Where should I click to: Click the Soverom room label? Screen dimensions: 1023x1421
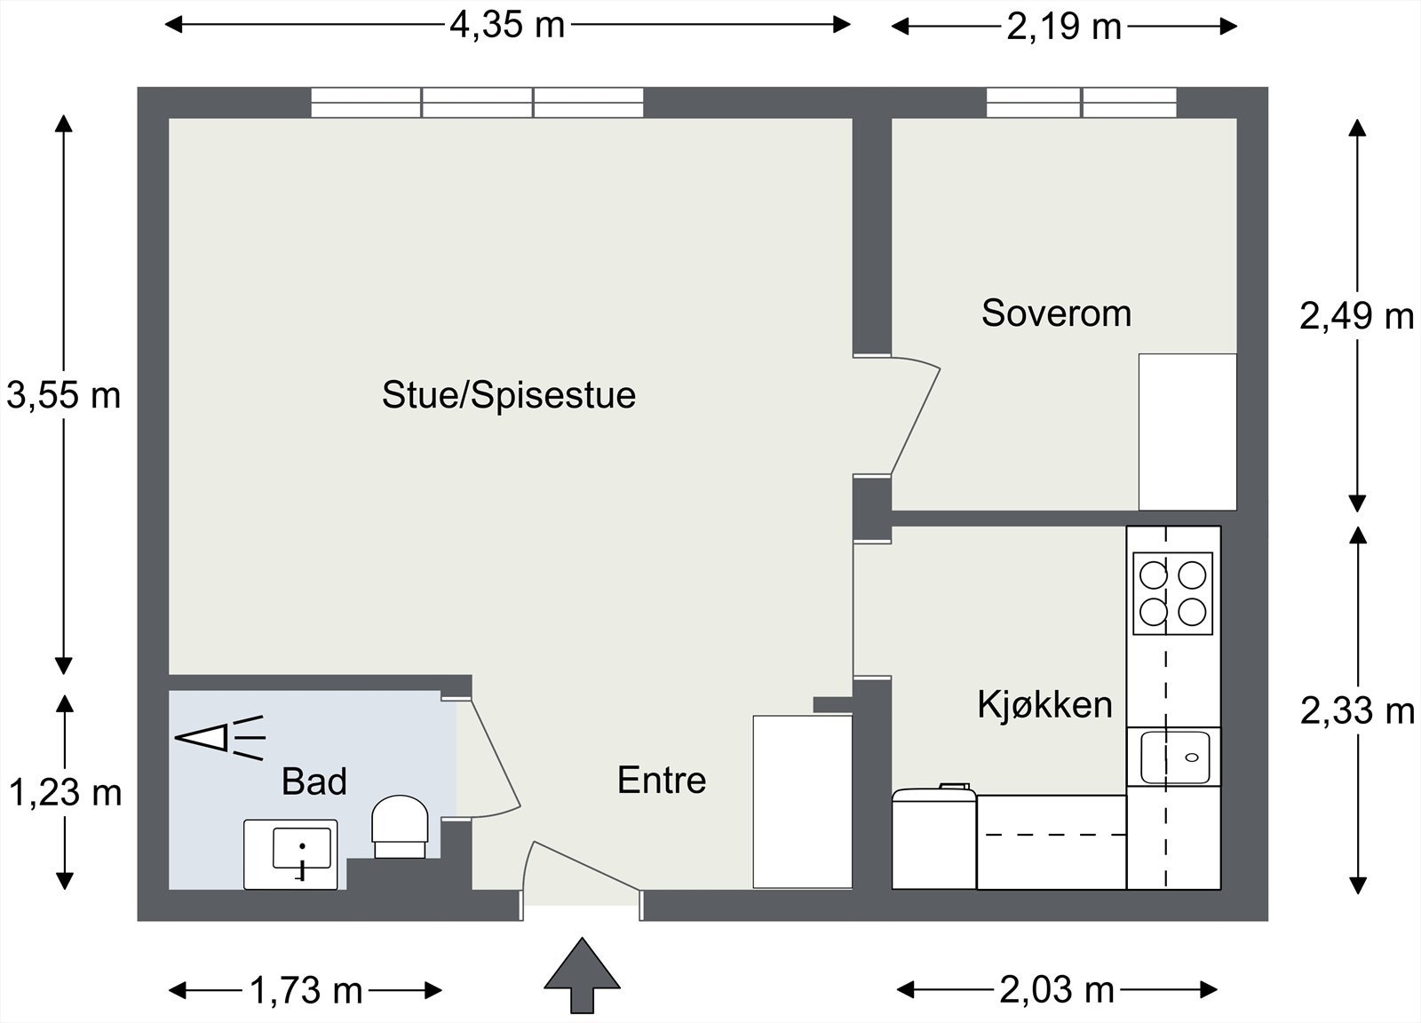1056,313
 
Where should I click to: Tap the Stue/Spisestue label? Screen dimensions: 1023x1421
508,395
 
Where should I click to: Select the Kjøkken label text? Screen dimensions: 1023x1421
1044,705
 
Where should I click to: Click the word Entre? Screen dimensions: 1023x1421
662,781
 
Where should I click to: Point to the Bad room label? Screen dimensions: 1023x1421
314,781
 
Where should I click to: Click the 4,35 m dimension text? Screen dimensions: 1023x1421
507,25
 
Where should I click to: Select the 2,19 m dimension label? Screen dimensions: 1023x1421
1064,27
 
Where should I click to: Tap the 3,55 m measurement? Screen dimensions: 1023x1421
63,395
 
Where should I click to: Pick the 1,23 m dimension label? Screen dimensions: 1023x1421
65,792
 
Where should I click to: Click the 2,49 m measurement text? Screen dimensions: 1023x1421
1356,315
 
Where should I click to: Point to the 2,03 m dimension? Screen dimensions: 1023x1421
1057,989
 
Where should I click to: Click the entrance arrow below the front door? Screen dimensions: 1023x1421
582,974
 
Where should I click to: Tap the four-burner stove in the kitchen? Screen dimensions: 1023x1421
1172,593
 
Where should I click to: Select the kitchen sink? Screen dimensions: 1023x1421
1174,757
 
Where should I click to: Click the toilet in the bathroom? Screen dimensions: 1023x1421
400,826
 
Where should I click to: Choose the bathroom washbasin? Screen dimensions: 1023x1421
290,853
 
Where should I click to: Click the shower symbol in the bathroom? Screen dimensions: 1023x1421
219,737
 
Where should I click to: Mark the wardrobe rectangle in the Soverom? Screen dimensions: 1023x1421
1187,432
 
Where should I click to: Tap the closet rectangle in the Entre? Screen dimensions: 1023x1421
802,801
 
